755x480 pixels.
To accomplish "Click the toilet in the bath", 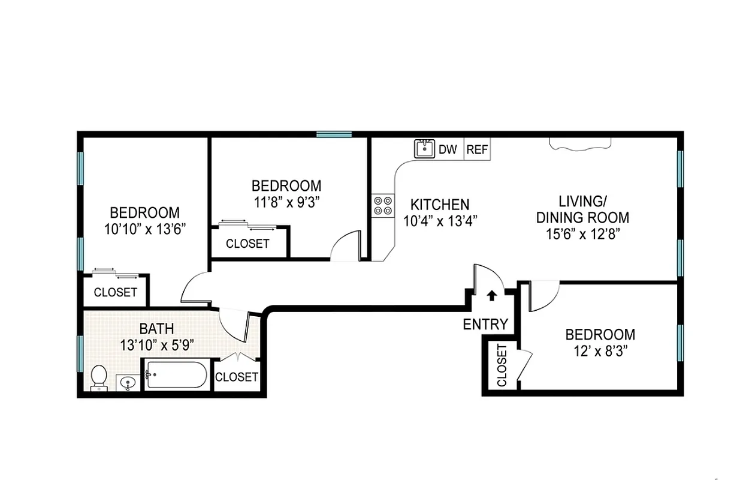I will click(98, 378).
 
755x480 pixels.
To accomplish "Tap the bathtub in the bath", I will click(176, 376).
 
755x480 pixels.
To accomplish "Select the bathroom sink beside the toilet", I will click(128, 382).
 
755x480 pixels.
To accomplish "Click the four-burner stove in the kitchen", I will click(383, 206).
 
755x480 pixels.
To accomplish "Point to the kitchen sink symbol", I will click(424, 148).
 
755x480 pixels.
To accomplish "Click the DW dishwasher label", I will click(448, 150).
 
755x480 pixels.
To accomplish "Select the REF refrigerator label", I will click(477, 150).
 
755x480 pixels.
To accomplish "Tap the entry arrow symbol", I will click(491, 295).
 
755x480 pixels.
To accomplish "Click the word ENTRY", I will click(485, 325).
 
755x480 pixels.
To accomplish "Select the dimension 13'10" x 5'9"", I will click(156, 345).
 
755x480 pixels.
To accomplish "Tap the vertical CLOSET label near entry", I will click(502, 365).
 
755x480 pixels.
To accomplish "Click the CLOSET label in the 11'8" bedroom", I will click(247, 244).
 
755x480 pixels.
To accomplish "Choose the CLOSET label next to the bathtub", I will click(237, 377).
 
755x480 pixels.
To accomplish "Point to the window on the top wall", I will click(334, 134).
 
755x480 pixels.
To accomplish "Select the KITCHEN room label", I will click(440, 205).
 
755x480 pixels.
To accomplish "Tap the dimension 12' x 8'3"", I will click(600, 351).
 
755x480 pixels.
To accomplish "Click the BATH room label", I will click(156, 329).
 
